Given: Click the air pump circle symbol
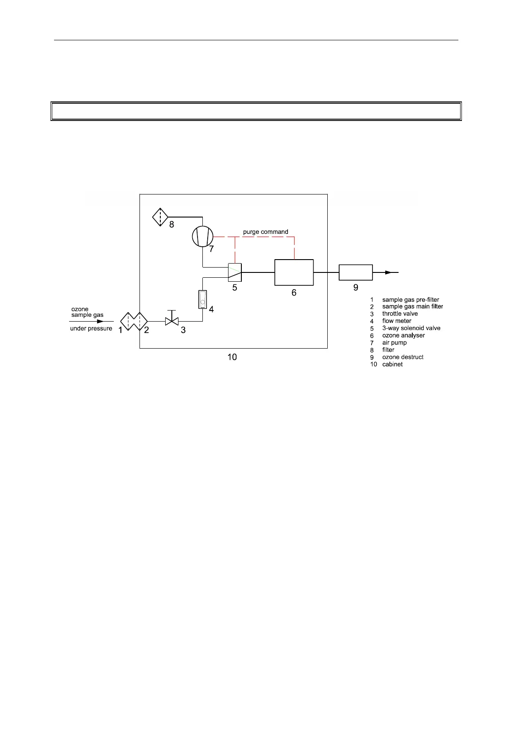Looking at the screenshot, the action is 202,236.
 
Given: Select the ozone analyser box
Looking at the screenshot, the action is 294,272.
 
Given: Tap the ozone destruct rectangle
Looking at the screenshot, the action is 356,272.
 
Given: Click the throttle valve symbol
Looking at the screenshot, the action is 171,320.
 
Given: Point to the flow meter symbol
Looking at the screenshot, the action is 202,300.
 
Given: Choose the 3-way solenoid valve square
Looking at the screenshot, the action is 235,272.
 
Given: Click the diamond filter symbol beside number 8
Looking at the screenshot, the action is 160,217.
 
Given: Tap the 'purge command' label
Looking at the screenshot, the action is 265,232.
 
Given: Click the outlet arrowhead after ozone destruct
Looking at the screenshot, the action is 388,272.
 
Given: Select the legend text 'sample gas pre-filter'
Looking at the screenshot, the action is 411,300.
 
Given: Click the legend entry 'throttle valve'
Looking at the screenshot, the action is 400,314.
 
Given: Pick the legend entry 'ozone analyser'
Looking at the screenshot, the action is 403,335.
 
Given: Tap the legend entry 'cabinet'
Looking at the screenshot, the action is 392,364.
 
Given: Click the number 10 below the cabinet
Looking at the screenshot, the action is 232,357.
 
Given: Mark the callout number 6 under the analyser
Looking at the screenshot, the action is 294,292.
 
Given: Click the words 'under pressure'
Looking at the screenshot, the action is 91,328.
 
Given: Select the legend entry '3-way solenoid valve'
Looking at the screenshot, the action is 411,328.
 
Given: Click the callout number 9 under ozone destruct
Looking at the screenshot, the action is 356,288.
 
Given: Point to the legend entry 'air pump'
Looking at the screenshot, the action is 394,342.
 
